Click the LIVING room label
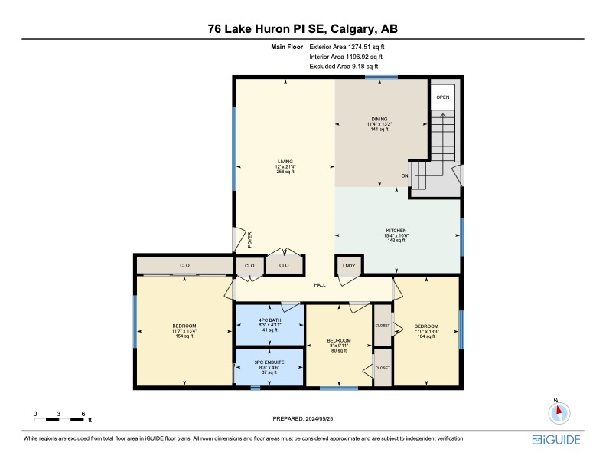285,166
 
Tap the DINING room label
380,124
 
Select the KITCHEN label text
395,235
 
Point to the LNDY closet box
348,265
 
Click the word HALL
320,284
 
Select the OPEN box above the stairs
442,97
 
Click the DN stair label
405,176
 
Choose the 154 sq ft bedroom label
184,331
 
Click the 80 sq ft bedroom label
338,345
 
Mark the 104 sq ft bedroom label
425,330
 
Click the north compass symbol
559,412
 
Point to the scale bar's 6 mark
83,413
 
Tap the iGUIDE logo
556,439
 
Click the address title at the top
303,29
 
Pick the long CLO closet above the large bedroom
184,265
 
